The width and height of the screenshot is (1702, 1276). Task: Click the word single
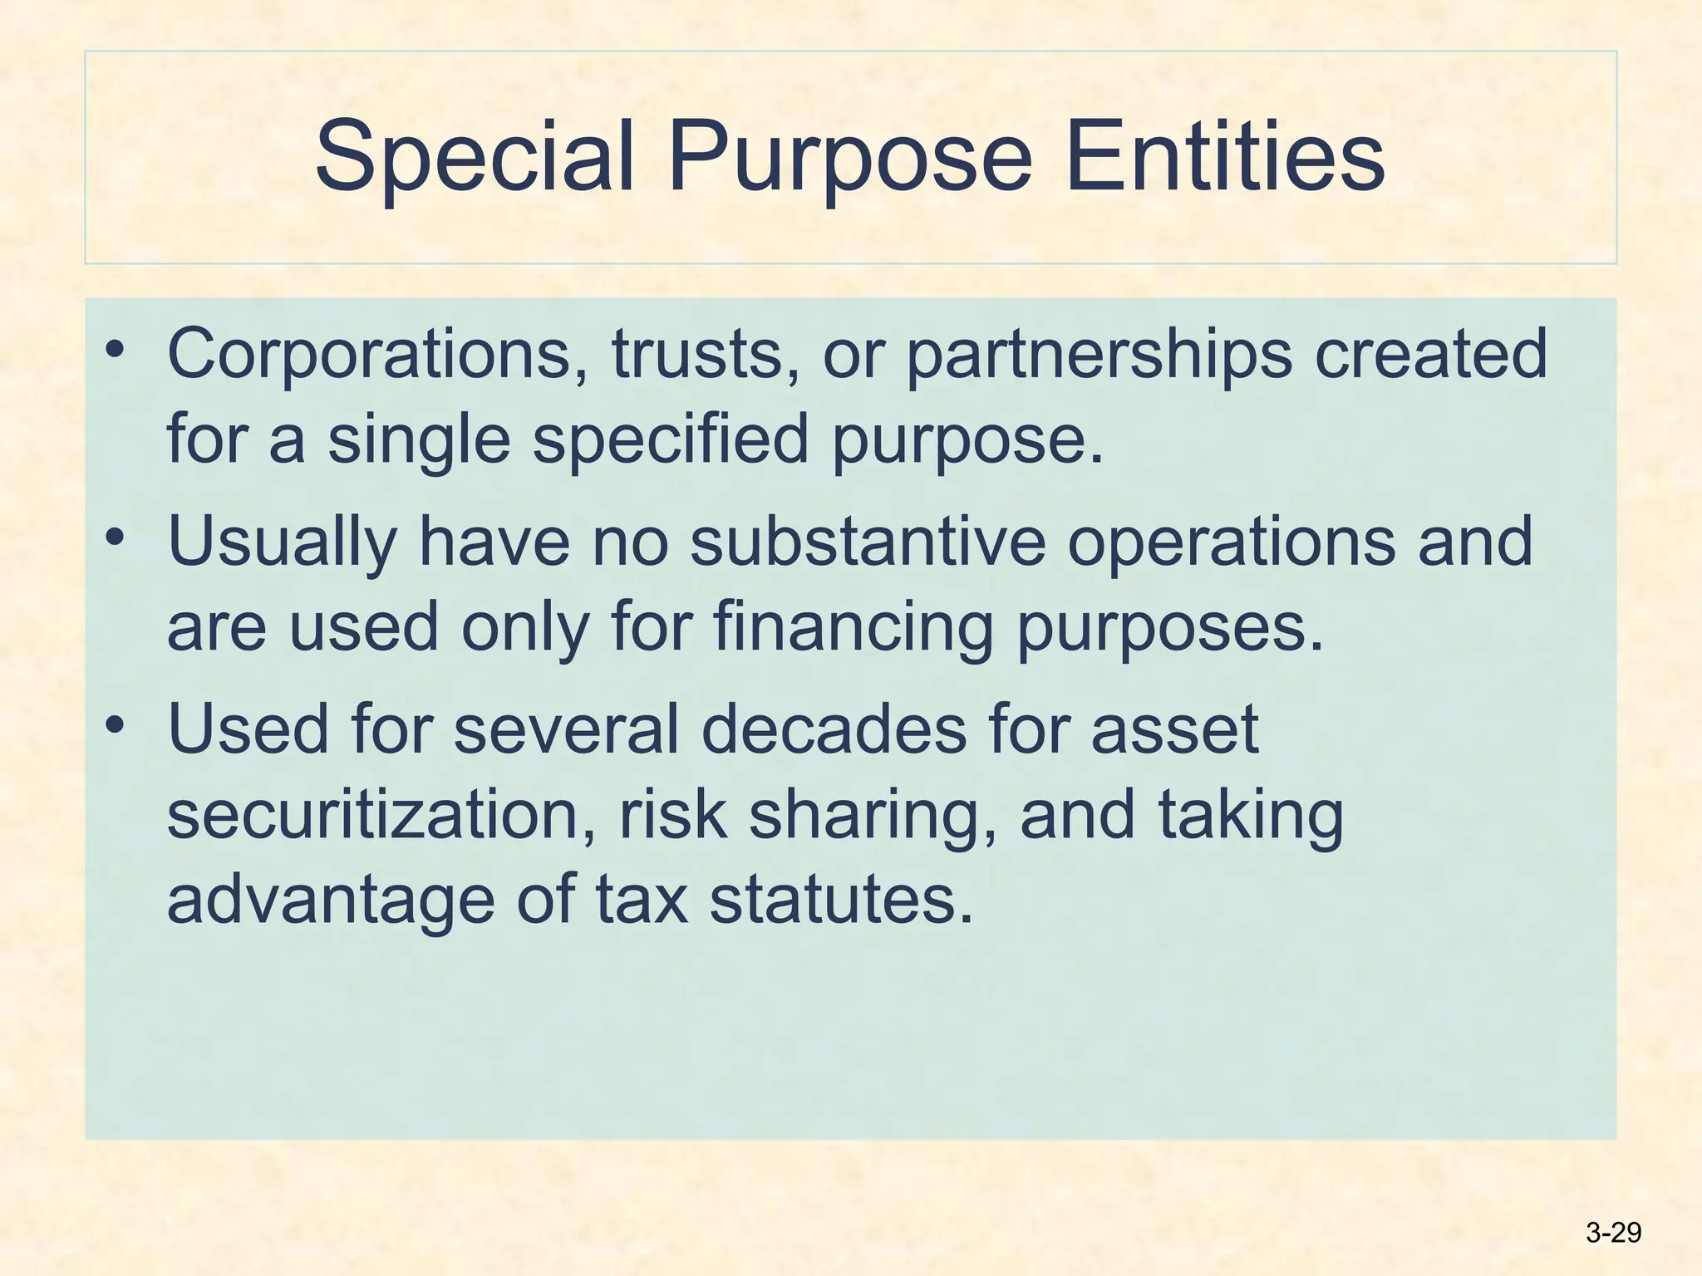coord(419,441)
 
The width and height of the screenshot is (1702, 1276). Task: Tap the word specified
coord(671,441)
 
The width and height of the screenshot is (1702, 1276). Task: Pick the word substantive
coord(868,542)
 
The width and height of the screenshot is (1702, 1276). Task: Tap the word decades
coord(834,729)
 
